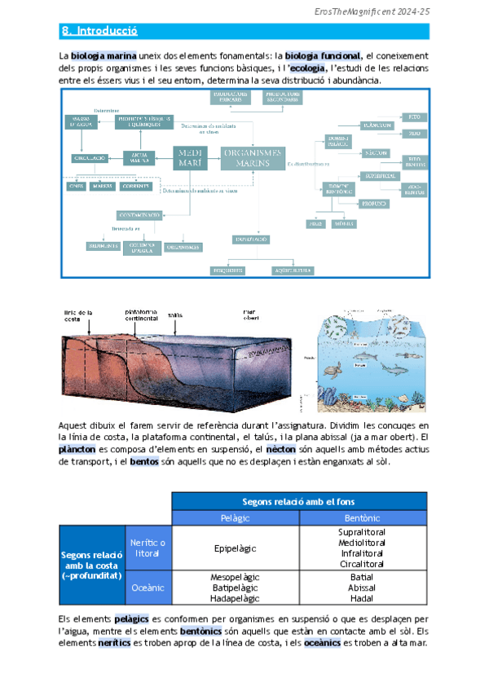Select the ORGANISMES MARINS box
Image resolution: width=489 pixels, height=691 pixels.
click(x=253, y=156)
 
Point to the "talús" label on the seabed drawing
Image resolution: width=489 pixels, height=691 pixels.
click(x=174, y=315)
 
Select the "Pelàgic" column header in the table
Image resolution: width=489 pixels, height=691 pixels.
click(x=236, y=518)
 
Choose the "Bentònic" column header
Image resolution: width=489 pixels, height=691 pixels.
click(x=362, y=518)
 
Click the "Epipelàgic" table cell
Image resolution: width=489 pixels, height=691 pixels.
click(x=236, y=548)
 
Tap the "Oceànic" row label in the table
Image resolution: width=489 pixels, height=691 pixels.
click(x=148, y=587)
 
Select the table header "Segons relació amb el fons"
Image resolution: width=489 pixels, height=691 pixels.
click(x=299, y=500)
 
